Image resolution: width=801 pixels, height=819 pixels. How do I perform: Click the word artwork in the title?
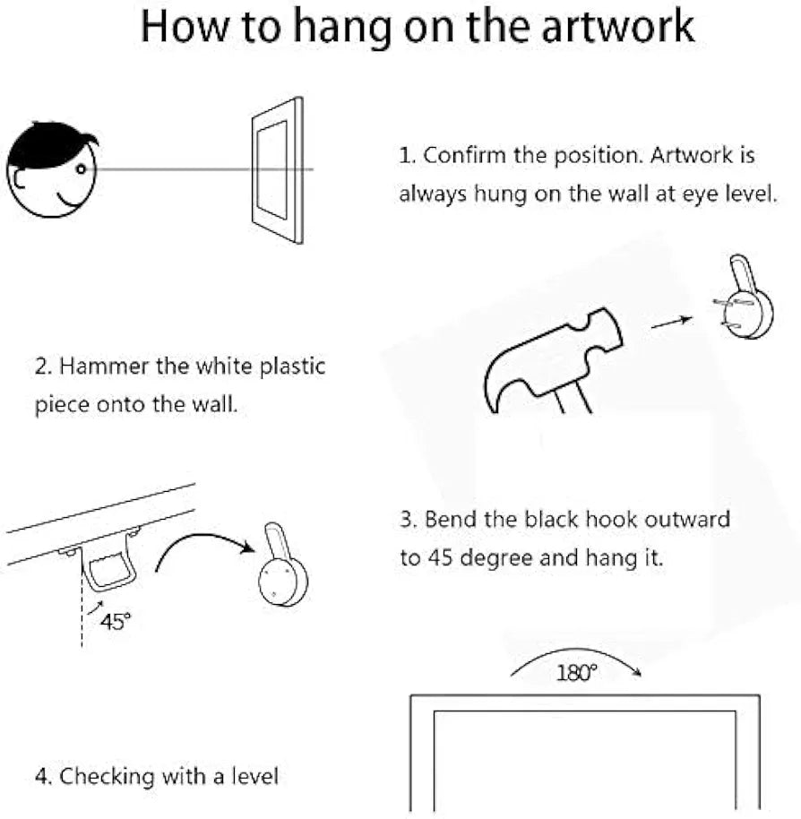click(x=617, y=26)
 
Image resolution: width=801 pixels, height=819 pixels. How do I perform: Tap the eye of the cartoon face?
click(x=81, y=168)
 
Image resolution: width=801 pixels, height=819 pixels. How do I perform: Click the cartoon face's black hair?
click(x=49, y=144)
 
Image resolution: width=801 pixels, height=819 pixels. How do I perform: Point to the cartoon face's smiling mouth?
click(x=67, y=200)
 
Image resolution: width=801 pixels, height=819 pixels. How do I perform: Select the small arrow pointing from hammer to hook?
click(x=672, y=323)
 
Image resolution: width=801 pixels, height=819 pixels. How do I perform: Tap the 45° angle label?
click(x=115, y=622)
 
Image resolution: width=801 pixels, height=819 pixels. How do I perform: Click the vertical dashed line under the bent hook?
click(x=82, y=606)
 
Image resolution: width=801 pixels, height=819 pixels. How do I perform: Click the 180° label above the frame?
click(x=576, y=673)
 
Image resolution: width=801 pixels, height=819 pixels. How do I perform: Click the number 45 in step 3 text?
click(x=440, y=558)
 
